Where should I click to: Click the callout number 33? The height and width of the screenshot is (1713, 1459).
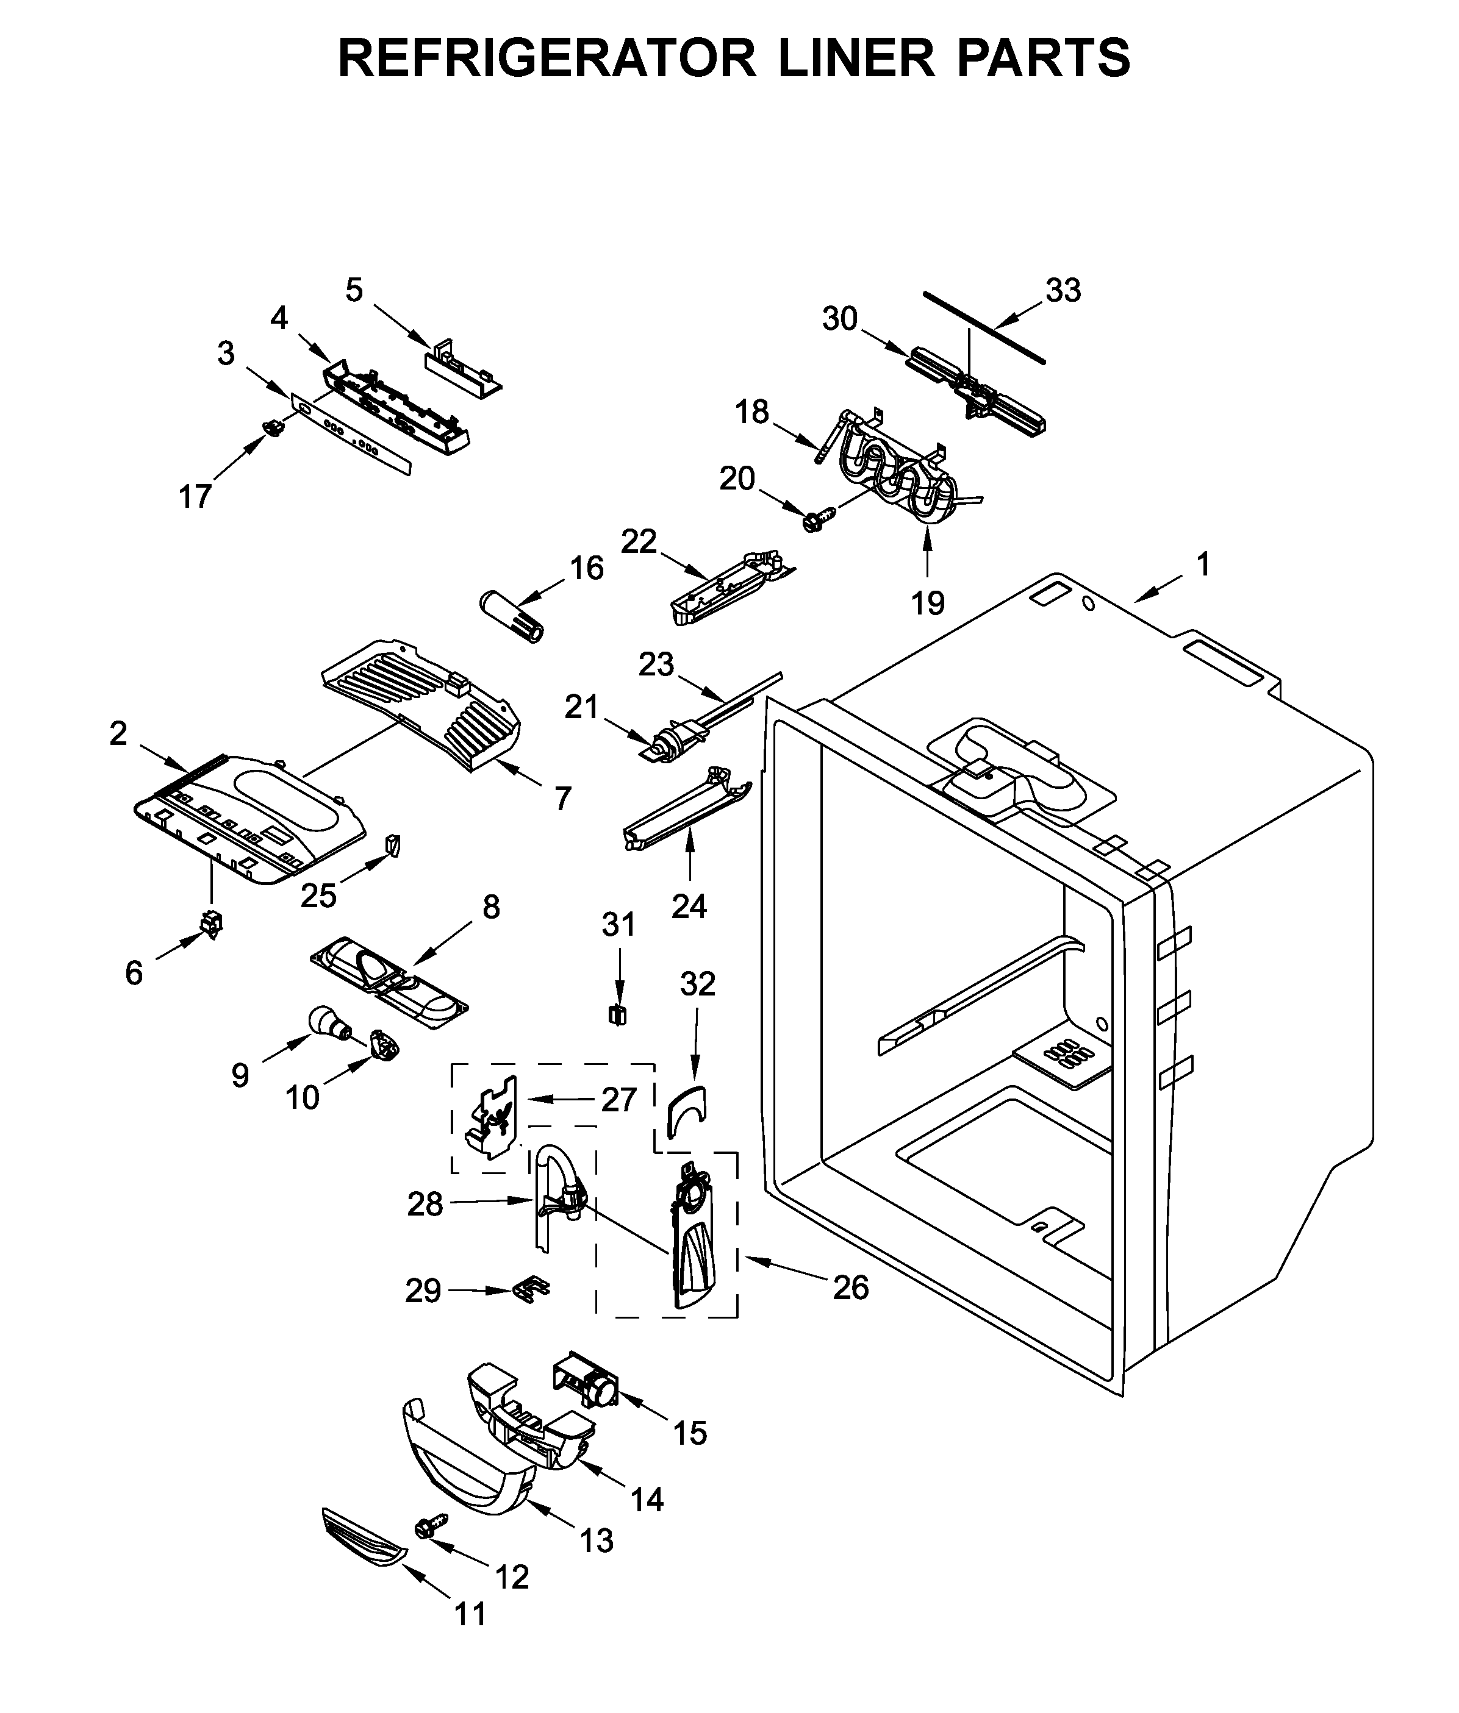pos(1063,290)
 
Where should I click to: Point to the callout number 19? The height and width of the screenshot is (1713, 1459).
pos(927,604)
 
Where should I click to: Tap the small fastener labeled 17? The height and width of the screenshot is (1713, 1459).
pos(271,427)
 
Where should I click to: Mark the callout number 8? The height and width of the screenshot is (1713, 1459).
pos(491,908)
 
